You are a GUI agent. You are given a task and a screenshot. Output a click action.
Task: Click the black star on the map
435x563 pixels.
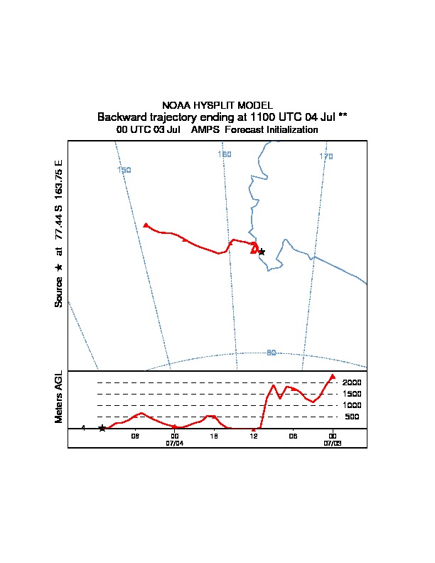pyautogui.click(x=262, y=252)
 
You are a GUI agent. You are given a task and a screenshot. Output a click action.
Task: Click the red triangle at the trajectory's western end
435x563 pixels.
pyautogui.click(x=146, y=225)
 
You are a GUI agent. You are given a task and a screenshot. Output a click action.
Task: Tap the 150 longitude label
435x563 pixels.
pyautogui.click(x=124, y=170)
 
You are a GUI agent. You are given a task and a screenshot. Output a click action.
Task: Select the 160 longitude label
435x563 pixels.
pyautogui.click(x=225, y=154)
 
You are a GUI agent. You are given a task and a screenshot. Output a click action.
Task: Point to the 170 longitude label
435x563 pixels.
pyautogui.click(x=326, y=156)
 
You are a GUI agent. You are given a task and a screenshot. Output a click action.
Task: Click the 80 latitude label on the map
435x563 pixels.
pyautogui.click(x=271, y=353)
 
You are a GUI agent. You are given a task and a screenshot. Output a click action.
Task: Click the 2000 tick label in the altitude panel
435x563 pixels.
pyautogui.click(x=352, y=382)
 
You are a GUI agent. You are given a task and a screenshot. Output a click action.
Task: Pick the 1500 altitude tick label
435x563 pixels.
pyautogui.click(x=352, y=394)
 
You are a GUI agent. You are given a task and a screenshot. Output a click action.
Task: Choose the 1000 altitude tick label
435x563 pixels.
pyautogui.click(x=352, y=405)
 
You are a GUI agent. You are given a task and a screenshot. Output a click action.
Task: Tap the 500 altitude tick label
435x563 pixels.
pyautogui.click(x=353, y=417)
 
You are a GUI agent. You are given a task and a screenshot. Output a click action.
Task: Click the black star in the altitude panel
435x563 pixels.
pyautogui.click(x=102, y=428)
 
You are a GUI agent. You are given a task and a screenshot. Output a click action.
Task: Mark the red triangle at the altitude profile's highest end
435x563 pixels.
pyautogui.click(x=333, y=377)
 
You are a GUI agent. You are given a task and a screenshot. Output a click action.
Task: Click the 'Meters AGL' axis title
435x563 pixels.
pyautogui.click(x=60, y=397)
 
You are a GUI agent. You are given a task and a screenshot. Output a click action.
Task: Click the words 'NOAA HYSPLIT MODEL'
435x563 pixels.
pyautogui.click(x=217, y=105)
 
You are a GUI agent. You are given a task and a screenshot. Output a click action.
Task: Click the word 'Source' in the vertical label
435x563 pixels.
pyautogui.click(x=59, y=292)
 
